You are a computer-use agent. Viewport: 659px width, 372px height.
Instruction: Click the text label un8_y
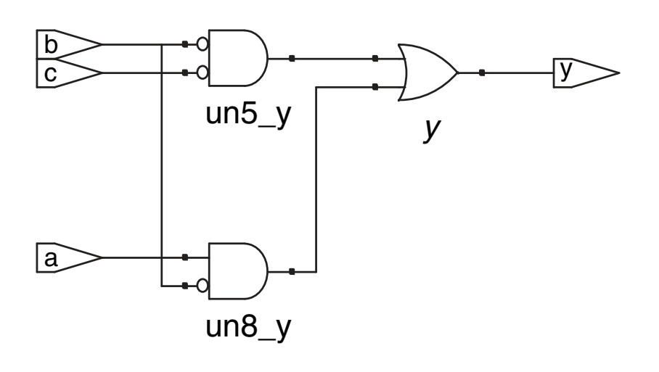click(x=246, y=328)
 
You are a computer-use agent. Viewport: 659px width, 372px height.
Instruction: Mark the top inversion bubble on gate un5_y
click(x=202, y=44)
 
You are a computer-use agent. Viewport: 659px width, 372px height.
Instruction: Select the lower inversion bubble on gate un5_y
click(x=202, y=73)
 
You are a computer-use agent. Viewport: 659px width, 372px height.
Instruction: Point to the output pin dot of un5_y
click(x=291, y=58)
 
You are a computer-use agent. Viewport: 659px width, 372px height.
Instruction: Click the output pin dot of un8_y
click(x=291, y=271)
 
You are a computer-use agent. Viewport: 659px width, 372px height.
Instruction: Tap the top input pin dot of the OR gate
click(x=374, y=58)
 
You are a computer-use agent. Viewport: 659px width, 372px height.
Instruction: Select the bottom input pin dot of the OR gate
click(x=374, y=87)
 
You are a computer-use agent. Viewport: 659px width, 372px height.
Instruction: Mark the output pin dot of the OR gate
click(x=482, y=73)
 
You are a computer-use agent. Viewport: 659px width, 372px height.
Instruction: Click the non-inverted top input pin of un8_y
click(x=185, y=257)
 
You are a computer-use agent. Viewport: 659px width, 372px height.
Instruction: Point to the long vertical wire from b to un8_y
click(x=160, y=167)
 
